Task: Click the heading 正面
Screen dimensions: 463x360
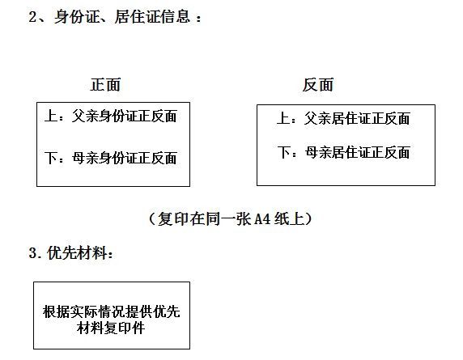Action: [x=105, y=85]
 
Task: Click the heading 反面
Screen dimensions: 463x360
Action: [x=318, y=85]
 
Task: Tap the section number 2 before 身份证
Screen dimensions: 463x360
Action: [x=32, y=16]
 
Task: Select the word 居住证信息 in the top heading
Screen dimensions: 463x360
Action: [x=152, y=16]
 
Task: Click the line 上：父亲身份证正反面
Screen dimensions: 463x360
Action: [x=111, y=116]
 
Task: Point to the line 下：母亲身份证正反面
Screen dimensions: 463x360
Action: [x=111, y=158]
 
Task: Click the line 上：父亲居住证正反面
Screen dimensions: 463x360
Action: [x=343, y=119]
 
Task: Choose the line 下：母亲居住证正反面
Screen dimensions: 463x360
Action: [x=343, y=153]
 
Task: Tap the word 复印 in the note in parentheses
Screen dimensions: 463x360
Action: [x=172, y=219]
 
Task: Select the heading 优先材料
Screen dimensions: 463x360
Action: [x=77, y=253]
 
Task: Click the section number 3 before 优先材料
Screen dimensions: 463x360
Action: [x=32, y=253]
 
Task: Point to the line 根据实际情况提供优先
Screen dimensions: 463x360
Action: [x=112, y=311]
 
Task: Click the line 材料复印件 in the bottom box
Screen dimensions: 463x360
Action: [x=111, y=328]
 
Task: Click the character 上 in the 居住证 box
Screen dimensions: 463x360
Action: [x=283, y=119]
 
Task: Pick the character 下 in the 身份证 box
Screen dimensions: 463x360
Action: [x=51, y=158]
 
